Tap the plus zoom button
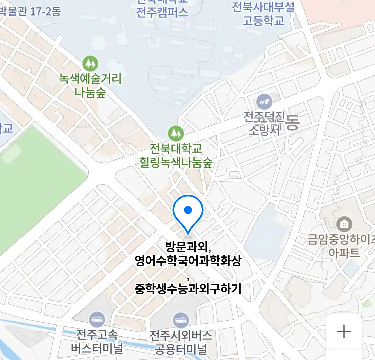tap(344, 332)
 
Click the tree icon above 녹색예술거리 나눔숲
tap(90, 63)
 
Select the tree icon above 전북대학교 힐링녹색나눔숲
tap(176, 133)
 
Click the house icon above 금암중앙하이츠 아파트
tap(344, 224)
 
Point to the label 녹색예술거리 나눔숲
tap(90, 85)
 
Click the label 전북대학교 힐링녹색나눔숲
tap(176, 155)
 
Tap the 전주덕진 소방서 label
tap(264, 123)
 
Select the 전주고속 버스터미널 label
tap(97, 341)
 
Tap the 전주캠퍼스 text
tap(162, 12)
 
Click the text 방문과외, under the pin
tap(188, 247)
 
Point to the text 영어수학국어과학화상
tap(188, 261)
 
